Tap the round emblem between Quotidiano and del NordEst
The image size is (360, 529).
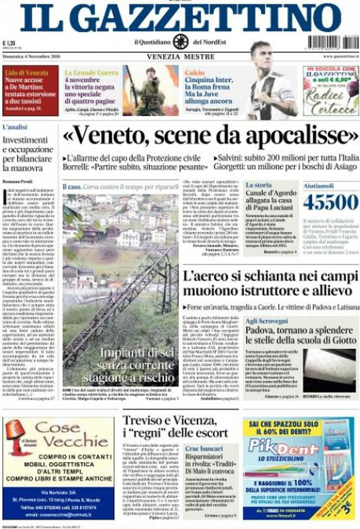click(181, 41)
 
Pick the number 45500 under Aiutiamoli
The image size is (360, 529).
click(331, 202)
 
